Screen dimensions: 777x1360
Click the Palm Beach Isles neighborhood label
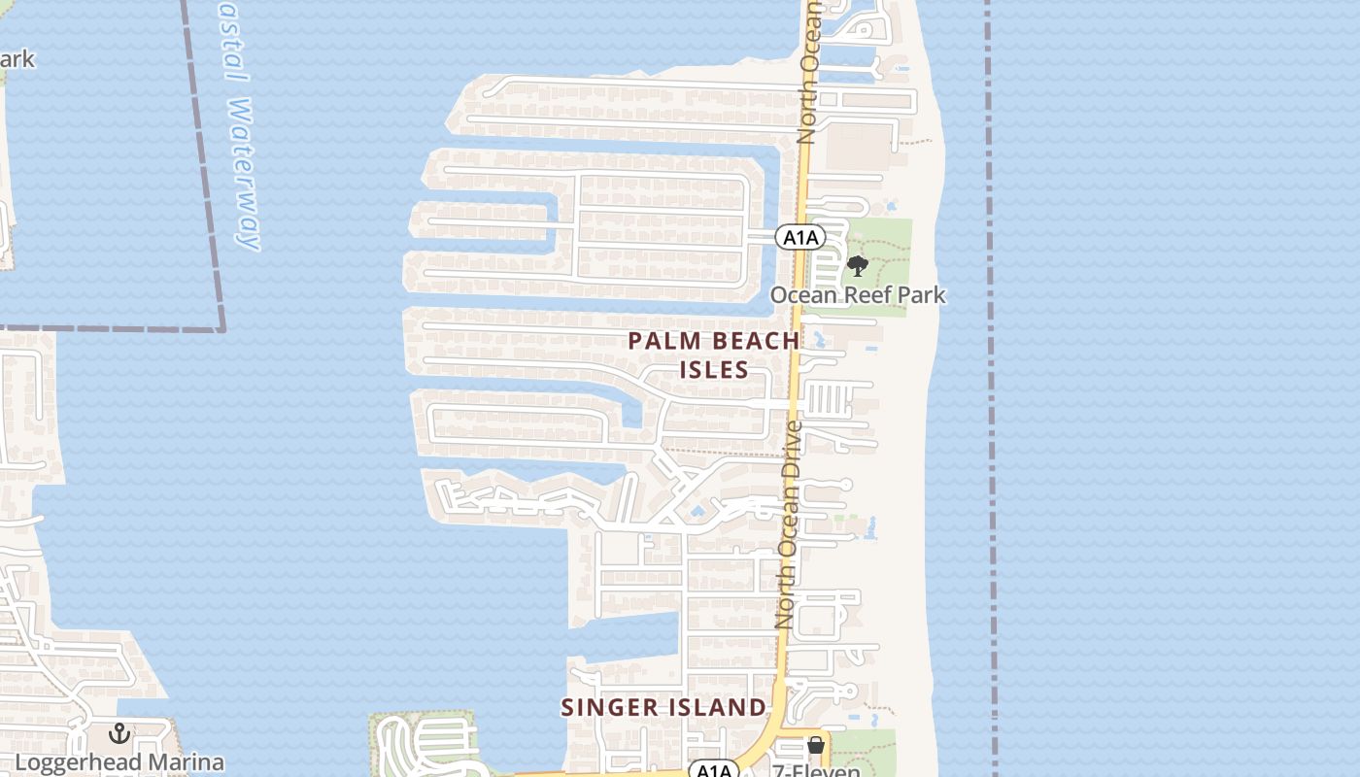714,355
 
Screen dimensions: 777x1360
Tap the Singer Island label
663,707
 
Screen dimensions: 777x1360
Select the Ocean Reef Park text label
858,294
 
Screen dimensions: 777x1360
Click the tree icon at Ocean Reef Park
857,266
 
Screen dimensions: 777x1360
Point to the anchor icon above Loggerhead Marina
119,733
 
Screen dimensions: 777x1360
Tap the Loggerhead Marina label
119,762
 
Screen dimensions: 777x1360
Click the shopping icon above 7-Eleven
816,745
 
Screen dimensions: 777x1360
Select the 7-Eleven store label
816,770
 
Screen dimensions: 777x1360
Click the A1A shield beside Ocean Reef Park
799,237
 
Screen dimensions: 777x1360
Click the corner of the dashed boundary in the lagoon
222,329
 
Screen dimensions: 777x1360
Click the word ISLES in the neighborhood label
714,369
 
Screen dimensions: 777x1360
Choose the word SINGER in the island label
608,707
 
